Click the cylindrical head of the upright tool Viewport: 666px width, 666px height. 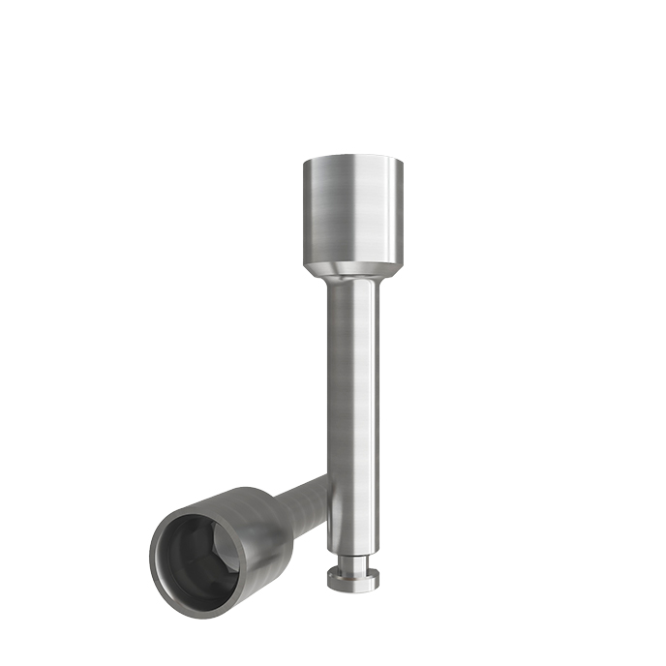(x=351, y=208)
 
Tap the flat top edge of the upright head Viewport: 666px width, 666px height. (x=351, y=157)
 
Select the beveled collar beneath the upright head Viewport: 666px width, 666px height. (x=351, y=268)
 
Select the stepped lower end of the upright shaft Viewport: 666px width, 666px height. (x=350, y=547)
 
